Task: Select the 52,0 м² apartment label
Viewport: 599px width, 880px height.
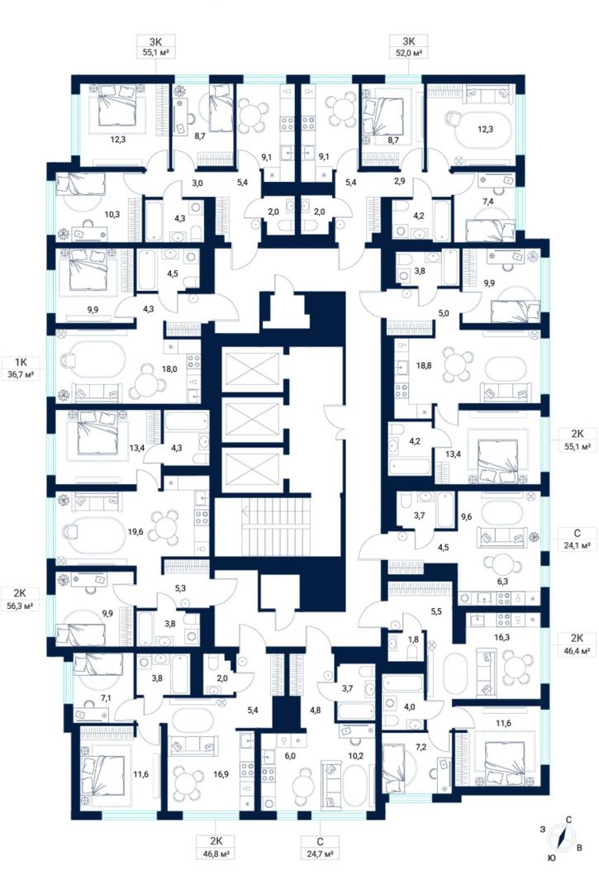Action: click(x=408, y=53)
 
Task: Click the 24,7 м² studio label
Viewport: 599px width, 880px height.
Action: click(x=320, y=854)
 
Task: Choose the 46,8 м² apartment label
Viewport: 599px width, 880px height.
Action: click(x=216, y=854)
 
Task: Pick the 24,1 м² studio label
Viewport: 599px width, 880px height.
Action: click(x=578, y=545)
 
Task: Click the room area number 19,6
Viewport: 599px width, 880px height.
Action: click(x=135, y=531)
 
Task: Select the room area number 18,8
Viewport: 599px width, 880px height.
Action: click(x=425, y=364)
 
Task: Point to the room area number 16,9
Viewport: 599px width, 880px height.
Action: click(x=221, y=774)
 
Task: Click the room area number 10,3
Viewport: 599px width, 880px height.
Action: click(x=112, y=214)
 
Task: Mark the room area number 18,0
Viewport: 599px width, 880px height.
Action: click(x=169, y=369)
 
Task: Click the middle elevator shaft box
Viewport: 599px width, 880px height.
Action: click(x=251, y=418)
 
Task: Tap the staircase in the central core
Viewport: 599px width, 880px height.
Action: click(x=277, y=526)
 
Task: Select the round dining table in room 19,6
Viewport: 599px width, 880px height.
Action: click(x=166, y=526)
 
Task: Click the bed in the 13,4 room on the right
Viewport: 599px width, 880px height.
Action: click(x=497, y=459)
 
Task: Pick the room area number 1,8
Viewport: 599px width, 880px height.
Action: click(x=413, y=639)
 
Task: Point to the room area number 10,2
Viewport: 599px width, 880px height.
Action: click(x=355, y=755)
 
